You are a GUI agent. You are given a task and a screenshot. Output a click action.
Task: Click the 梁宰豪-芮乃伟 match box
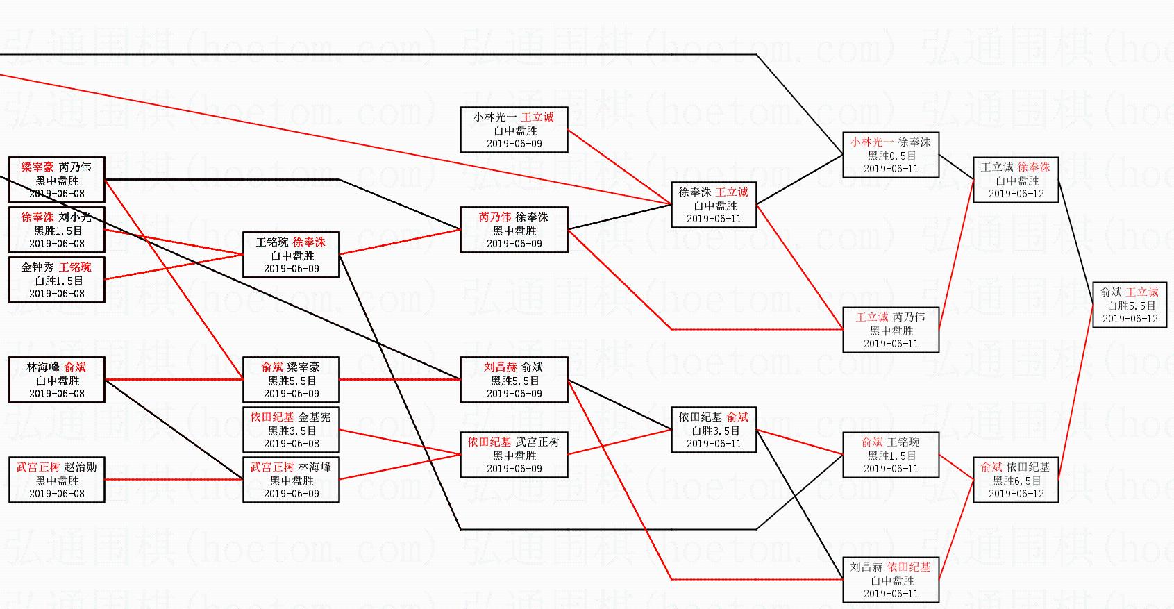click(x=57, y=180)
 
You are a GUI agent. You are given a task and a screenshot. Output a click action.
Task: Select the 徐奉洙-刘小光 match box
click(x=57, y=230)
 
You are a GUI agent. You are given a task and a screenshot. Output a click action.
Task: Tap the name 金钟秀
click(x=37, y=267)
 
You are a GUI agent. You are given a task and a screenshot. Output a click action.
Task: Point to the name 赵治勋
click(x=81, y=467)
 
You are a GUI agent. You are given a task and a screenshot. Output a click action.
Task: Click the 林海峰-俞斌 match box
click(x=57, y=380)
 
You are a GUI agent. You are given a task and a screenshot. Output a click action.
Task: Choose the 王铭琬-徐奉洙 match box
click(x=291, y=255)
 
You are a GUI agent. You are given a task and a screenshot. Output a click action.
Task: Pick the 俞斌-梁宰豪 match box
click(x=291, y=380)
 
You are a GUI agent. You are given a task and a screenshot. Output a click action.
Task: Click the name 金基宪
click(x=315, y=417)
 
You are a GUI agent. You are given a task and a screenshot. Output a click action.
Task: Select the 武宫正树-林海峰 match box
click(x=291, y=480)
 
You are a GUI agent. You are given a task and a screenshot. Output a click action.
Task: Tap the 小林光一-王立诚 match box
click(x=514, y=130)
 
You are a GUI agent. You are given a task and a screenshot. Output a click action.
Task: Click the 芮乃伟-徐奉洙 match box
click(x=514, y=230)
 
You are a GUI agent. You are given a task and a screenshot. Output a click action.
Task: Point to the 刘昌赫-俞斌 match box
click(x=514, y=380)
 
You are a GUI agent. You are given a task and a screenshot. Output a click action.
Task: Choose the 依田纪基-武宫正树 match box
click(x=514, y=455)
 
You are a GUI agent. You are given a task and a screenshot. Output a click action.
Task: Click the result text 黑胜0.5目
click(x=891, y=156)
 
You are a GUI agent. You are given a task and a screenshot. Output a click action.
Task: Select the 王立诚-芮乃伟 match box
click(x=891, y=330)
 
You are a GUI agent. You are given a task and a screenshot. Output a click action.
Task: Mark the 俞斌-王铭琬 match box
click(x=891, y=455)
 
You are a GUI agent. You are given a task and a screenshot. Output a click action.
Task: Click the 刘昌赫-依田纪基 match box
click(x=891, y=580)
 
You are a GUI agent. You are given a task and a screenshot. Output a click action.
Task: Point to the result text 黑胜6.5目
click(x=1016, y=481)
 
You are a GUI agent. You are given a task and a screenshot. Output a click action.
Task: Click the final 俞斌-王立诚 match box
click(x=1130, y=305)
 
